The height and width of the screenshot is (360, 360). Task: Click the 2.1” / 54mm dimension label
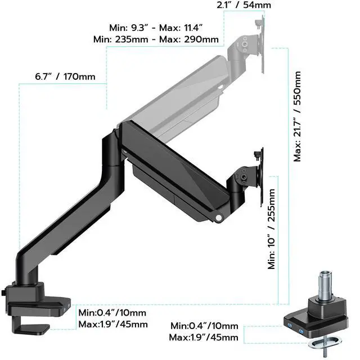(244, 5)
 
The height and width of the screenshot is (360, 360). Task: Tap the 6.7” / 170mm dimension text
(65, 76)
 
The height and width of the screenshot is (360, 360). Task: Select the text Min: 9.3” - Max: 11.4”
(156, 28)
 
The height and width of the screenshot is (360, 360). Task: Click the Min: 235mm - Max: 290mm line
(156, 39)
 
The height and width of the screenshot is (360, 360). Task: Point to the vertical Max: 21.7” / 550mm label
(297, 116)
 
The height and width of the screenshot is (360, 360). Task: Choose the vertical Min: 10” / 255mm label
(271, 229)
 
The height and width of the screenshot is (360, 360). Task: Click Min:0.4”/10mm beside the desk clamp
(112, 313)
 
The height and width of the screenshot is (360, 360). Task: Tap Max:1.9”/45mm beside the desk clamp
(113, 325)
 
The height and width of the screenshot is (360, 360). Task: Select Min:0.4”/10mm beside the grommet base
(204, 326)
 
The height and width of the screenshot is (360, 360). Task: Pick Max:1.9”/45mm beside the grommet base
(204, 337)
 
